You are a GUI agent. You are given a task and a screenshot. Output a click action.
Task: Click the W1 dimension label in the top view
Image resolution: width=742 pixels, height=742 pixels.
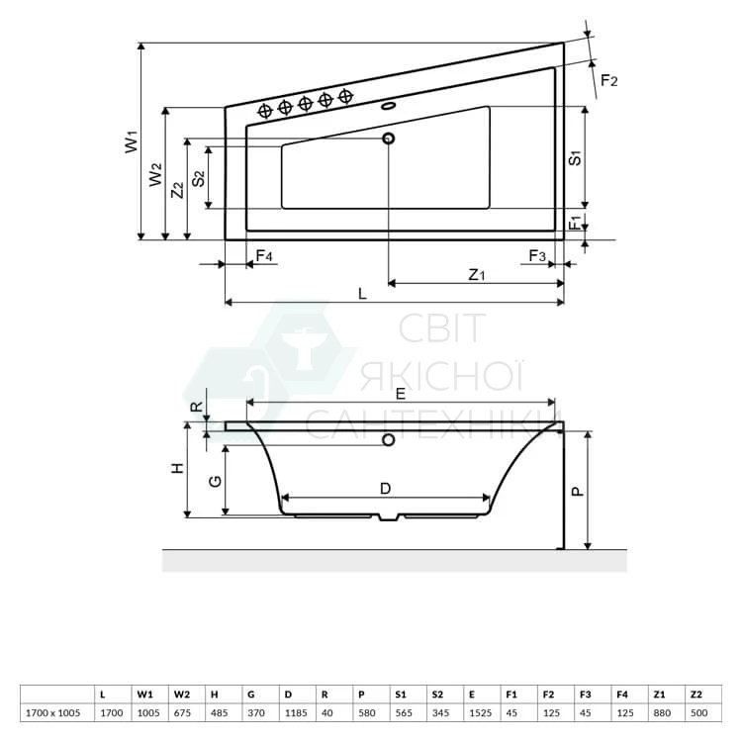[x=132, y=141]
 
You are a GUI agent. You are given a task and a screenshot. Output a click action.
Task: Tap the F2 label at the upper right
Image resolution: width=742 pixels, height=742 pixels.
[x=609, y=81]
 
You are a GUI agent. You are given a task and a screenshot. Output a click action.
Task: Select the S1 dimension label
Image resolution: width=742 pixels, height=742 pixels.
[x=575, y=157]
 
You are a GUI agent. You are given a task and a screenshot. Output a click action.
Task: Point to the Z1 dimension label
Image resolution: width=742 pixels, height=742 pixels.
[x=477, y=274]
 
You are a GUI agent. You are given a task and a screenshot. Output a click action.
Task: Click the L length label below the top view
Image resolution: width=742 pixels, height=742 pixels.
[x=362, y=294]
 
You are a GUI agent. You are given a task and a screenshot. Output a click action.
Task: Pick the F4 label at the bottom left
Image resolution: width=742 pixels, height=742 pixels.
[x=264, y=256]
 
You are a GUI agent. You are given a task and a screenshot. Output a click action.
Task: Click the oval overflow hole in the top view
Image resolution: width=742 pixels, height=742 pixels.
[x=388, y=106]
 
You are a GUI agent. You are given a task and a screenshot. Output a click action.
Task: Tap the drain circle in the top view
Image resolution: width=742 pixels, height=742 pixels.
[x=389, y=139]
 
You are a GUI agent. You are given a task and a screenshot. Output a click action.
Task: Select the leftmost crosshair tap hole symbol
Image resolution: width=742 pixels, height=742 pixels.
[x=265, y=111]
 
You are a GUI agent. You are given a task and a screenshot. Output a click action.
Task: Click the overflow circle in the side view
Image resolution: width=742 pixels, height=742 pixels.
[x=389, y=440]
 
